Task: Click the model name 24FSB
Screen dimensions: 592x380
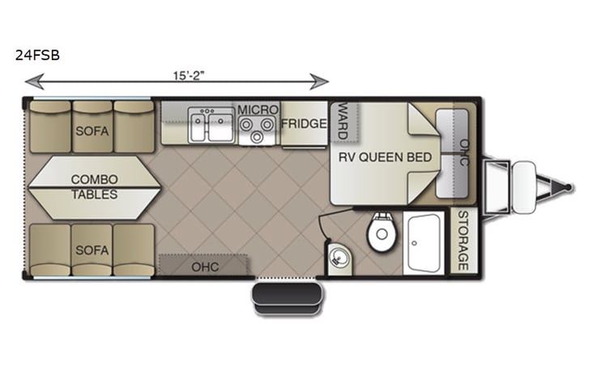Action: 37,56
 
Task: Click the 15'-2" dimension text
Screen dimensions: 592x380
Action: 189,75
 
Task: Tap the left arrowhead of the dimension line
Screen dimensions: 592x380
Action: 34,82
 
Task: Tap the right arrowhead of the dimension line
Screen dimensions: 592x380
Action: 319,82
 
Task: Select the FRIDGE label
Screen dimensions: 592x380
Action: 304,123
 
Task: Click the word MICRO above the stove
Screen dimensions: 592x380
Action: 258,110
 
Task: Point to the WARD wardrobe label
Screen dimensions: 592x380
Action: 343,121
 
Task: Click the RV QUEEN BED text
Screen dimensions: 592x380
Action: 385,157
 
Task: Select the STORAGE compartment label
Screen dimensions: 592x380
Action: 463,241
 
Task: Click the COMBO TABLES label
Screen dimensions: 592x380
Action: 95,187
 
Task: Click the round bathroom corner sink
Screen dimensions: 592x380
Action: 338,258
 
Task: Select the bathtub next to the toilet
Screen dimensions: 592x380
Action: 424,243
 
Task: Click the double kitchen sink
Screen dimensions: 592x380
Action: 211,125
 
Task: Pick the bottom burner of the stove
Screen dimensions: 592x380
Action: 257,137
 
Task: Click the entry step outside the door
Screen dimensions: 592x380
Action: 287,298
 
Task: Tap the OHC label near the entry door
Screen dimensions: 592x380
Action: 205,267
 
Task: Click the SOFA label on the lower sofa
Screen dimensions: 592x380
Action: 92,250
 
